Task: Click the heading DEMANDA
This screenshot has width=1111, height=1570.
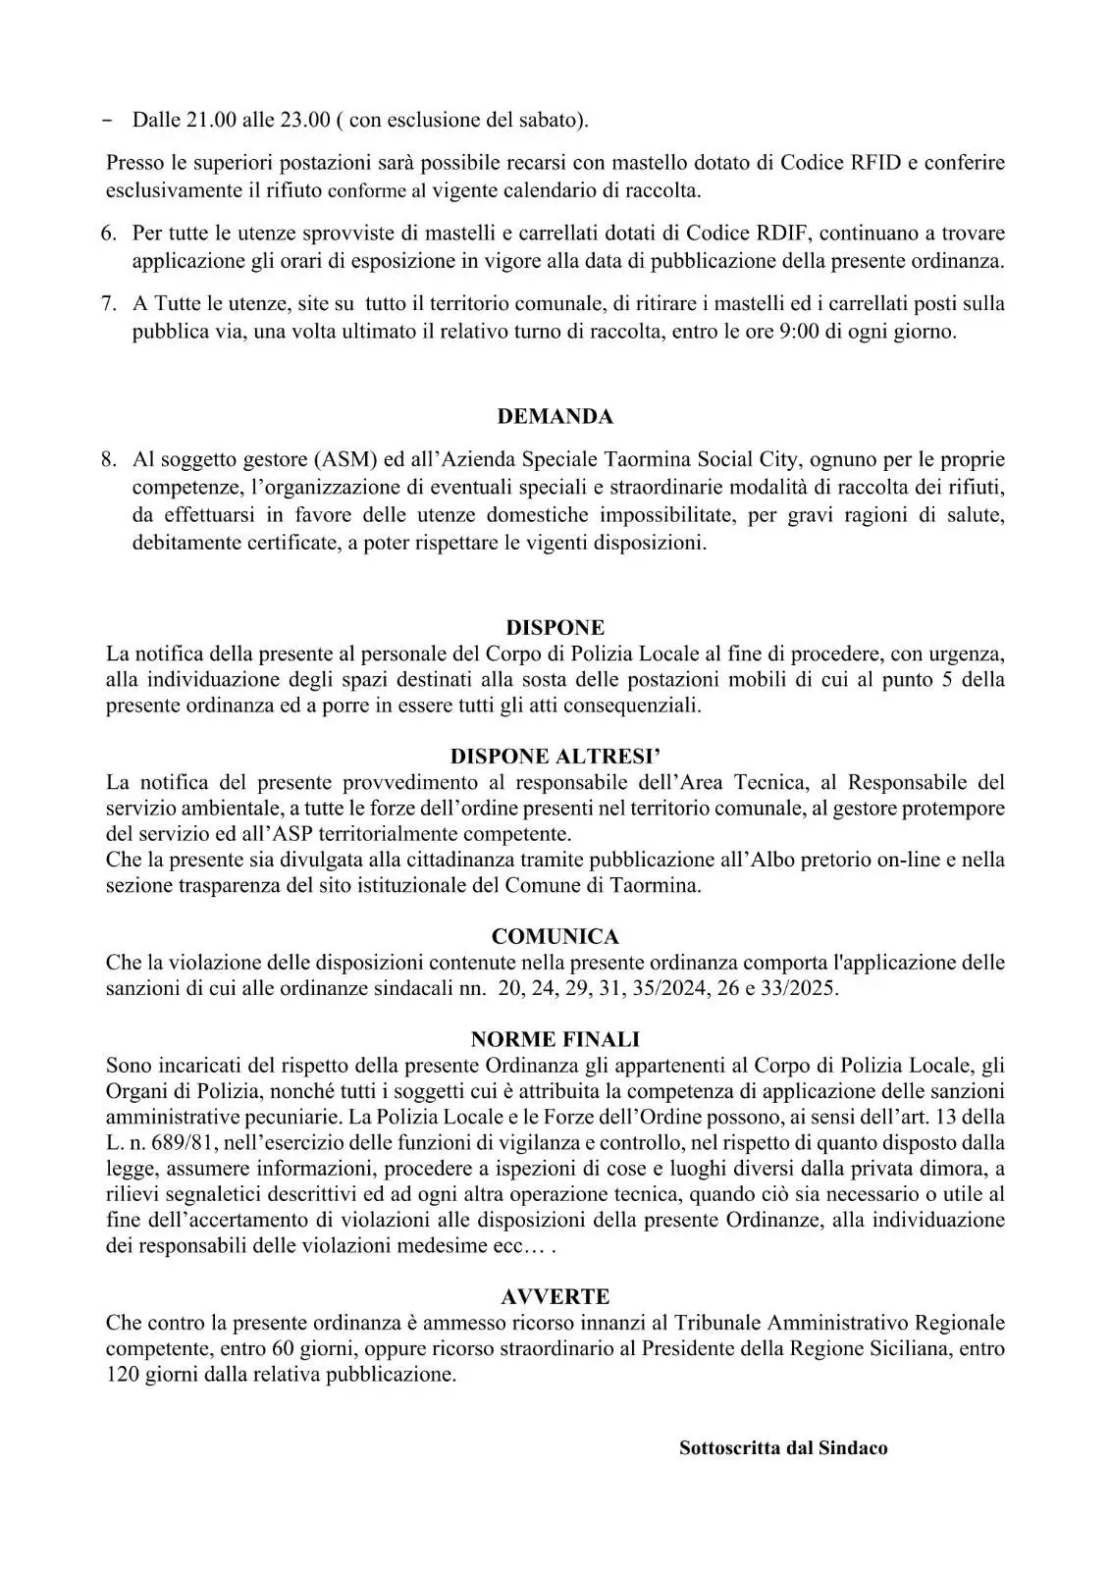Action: click(555, 416)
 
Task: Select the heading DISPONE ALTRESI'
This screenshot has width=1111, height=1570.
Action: click(555, 757)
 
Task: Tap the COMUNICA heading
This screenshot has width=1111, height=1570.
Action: click(555, 936)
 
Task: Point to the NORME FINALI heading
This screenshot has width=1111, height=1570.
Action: click(555, 1039)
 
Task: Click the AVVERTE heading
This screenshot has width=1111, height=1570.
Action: click(555, 1296)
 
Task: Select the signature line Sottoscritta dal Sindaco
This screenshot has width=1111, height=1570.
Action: click(783, 1447)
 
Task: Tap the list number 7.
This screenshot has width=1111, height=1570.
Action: click(108, 304)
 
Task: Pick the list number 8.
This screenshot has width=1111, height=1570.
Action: click(108, 459)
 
